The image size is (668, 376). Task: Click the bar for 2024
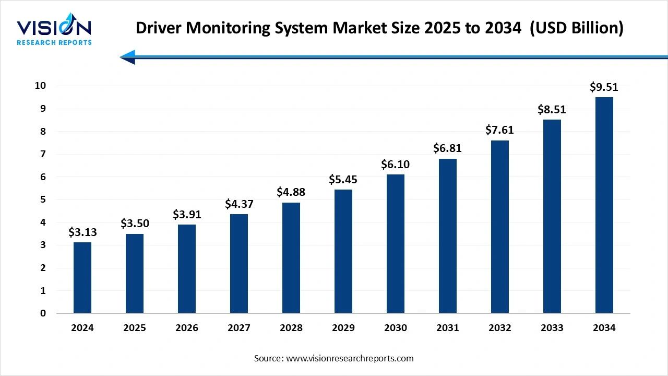pyautogui.click(x=82, y=278)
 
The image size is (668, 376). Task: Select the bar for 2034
pyautogui.click(x=604, y=205)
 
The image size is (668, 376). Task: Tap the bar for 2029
pyautogui.click(x=343, y=251)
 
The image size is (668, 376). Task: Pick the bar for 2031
pyautogui.click(x=448, y=236)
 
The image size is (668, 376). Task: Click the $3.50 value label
pyautogui.click(x=135, y=224)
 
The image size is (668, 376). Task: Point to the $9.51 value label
pyautogui.click(x=604, y=87)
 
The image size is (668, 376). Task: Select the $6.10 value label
pyautogui.click(x=396, y=164)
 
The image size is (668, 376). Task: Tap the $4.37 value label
pyautogui.click(x=239, y=204)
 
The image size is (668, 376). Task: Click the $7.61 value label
pyautogui.click(x=500, y=130)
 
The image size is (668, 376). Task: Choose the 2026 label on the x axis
pyautogui.click(x=187, y=328)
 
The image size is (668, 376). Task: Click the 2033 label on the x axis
pyautogui.click(x=552, y=328)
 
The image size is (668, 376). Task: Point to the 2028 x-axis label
pyautogui.click(x=291, y=328)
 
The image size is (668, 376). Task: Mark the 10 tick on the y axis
pyautogui.click(x=41, y=86)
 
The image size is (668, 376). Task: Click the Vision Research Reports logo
pyautogui.click(x=54, y=31)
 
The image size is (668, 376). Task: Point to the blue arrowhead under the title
pyautogui.click(x=128, y=57)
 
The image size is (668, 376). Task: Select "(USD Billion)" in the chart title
pyautogui.click(x=577, y=29)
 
